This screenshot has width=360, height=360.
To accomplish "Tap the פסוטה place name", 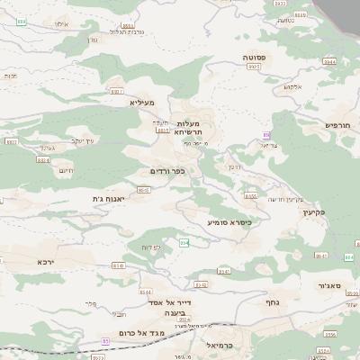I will tap(254, 57).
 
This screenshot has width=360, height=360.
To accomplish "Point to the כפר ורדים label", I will tap(166, 170).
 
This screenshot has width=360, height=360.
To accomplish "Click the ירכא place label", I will tap(47, 261).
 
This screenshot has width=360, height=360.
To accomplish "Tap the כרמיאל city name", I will tap(220, 344).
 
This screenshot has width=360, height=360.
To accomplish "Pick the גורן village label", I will tap(92, 39).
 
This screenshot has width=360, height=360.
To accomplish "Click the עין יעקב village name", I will tap(82, 140).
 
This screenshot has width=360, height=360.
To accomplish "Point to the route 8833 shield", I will tap(163, 130).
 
